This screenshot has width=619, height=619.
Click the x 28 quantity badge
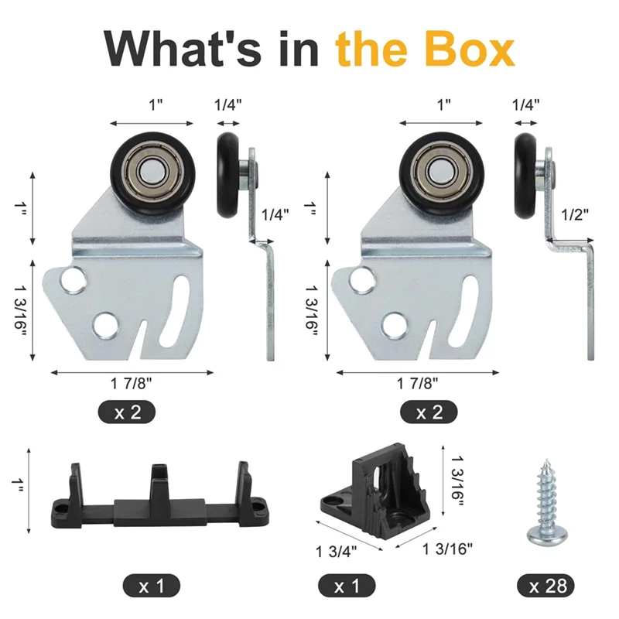[547, 586]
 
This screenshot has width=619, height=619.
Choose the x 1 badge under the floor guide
[151, 586]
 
